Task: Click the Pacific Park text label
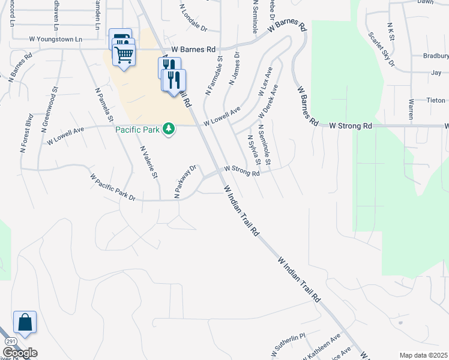[x=139, y=129]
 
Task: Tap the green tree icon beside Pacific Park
[x=169, y=129]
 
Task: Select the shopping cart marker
[x=124, y=55]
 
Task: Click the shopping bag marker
[x=25, y=322]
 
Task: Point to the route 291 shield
[x=10, y=341]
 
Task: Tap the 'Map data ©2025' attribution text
[x=423, y=355]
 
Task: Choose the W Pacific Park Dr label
[x=113, y=187]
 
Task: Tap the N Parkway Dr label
[x=185, y=181]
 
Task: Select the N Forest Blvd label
[x=28, y=130]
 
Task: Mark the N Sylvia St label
[x=255, y=149]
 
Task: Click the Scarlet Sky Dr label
[x=382, y=49]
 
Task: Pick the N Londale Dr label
[x=193, y=20]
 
